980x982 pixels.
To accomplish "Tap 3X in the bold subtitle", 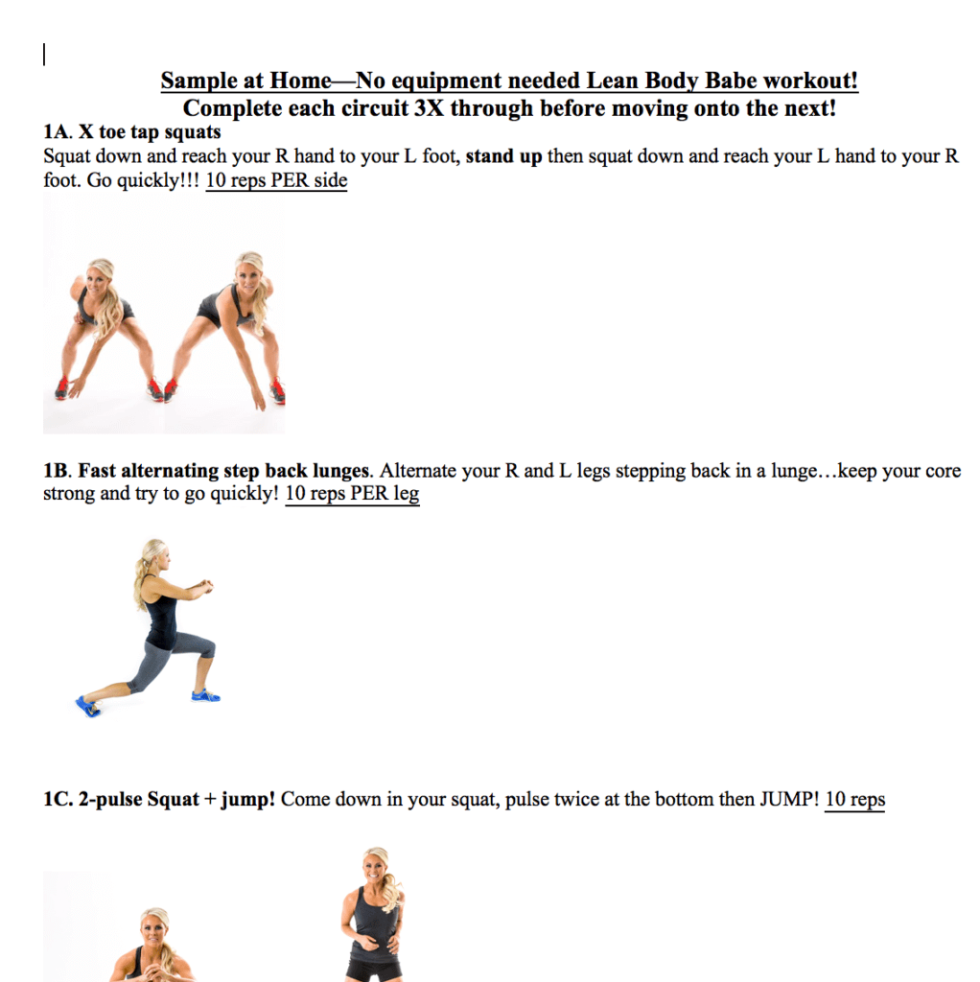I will click(x=429, y=108).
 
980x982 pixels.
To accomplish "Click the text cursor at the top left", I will click(x=44, y=56).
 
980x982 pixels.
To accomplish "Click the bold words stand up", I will click(x=503, y=156).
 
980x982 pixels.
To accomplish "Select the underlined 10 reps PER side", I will click(x=276, y=180).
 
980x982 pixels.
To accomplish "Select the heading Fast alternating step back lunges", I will click(x=222, y=471).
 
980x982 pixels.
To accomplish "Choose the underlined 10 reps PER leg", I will click(x=352, y=494).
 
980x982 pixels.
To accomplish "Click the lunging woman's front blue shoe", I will click(x=204, y=694).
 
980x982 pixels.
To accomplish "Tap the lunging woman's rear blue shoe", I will click(x=88, y=707).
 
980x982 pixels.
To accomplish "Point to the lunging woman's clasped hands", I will click(x=201, y=585).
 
